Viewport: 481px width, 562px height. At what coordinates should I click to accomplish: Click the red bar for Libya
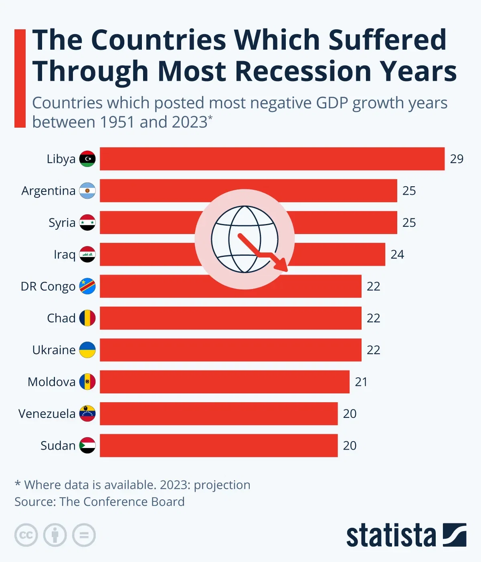click(272, 159)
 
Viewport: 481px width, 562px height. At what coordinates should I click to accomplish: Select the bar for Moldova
click(224, 382)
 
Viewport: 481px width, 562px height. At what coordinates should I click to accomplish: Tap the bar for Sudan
click(218, 446)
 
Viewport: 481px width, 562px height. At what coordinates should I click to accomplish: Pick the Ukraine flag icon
click(87, 350)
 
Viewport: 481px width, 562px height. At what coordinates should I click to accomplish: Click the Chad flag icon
click(87, 318)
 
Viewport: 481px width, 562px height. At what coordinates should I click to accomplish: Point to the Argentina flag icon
click(87, 191)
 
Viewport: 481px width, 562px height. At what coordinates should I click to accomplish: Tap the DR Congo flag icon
click(87, 286)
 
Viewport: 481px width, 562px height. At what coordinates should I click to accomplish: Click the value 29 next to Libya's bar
click(457, 159)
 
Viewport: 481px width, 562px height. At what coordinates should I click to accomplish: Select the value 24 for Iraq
click(397, 255)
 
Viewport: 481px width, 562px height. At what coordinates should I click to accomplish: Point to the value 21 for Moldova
click(361, 382)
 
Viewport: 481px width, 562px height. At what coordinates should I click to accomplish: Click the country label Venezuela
click(47, 414)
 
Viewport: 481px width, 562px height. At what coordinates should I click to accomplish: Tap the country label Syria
click(62, 223)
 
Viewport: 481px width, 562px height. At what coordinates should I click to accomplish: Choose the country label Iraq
click(65, 255)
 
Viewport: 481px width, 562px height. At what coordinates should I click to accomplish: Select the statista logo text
click(391, 535)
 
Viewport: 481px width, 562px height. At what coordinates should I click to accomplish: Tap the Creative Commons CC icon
click(26, 535)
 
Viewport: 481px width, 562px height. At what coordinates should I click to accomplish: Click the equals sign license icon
click(84, 535)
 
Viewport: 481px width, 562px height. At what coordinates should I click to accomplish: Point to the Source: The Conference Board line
click(99, 502)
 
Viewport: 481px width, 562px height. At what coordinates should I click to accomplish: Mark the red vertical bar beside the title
click(20, 78)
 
